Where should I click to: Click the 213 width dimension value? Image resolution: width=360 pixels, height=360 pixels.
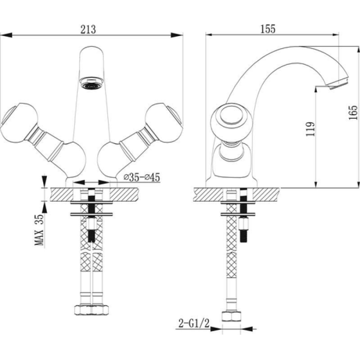(88, 29)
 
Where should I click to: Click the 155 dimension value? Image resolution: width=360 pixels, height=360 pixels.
(268, 29)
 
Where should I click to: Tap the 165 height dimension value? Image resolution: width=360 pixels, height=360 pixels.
(353, 112)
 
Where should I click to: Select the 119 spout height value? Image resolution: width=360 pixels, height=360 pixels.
(310, 129)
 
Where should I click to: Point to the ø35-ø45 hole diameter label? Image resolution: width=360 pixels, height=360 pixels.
(142, 177)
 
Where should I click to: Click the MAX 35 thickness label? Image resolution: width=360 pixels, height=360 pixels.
(39, 230)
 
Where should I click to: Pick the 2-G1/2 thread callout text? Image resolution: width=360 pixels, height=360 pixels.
(194, 324)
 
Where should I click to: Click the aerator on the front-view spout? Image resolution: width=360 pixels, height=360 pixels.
(92, 83)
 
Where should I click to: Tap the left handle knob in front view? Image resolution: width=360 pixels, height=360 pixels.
(19, 123)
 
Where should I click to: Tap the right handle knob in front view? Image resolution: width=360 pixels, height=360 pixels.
(164, 123)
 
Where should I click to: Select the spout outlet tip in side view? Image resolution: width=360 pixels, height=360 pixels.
(338, 83)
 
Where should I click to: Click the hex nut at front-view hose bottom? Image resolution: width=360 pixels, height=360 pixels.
(92, 310)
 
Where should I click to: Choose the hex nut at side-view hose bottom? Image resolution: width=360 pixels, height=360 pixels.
(231, 316)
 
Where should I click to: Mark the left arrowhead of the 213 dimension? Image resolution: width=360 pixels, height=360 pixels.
(6, 35)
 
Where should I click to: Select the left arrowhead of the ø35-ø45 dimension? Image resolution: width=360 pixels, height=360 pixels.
(79, 183)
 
